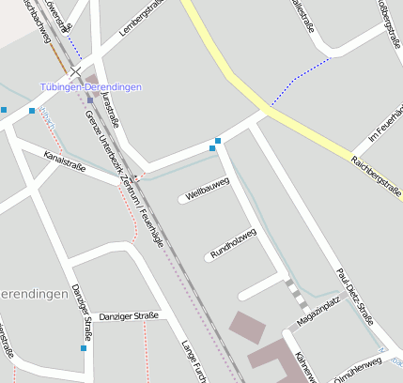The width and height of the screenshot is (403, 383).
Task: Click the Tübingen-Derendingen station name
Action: coord(91,86)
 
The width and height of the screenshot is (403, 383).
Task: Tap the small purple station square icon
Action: coord(90,100)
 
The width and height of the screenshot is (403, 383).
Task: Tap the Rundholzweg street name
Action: coord(233,242)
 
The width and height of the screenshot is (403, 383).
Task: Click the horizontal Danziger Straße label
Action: coord(129,316)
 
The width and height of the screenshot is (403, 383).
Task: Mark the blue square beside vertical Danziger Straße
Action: coord(83,348)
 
